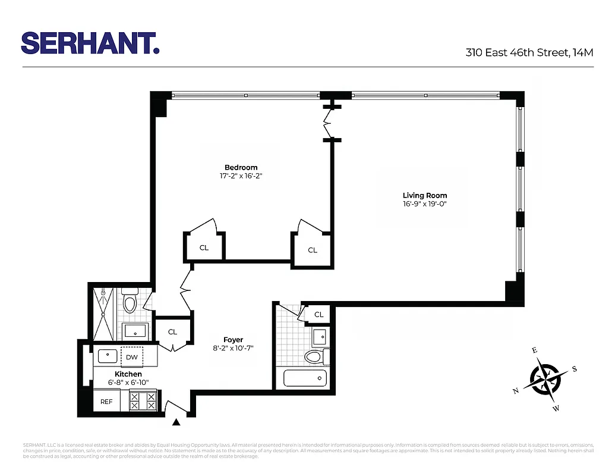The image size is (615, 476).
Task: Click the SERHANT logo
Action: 90,43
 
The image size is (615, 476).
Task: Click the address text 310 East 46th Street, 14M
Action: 529,52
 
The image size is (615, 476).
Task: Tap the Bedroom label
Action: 241,167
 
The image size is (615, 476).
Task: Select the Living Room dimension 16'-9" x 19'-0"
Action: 424,204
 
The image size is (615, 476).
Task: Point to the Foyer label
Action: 233,340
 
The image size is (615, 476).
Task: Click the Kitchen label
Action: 128,374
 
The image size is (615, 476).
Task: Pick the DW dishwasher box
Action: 132,357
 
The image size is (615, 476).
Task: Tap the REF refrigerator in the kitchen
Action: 106,402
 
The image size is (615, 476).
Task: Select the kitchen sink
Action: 108,356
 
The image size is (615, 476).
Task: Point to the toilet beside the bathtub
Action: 314,357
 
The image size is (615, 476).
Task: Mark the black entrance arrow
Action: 176,422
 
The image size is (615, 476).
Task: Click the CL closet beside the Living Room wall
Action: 313,250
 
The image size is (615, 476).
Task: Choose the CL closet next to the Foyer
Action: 172,331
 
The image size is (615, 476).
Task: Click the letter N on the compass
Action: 516,391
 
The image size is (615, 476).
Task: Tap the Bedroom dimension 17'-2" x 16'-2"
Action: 241,176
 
